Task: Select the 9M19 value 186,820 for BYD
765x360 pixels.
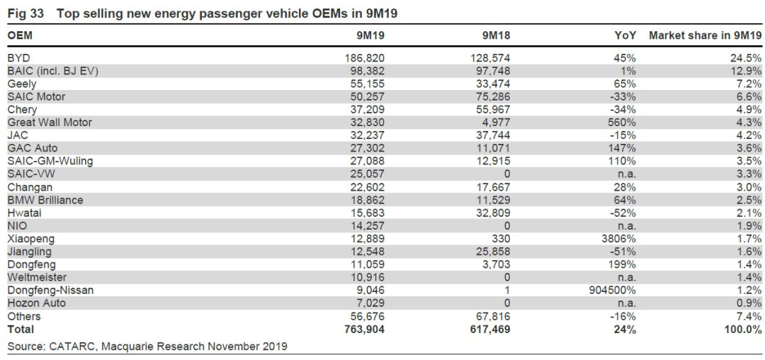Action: tap(363, 57)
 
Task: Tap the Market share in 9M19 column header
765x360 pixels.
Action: tap(705, 35)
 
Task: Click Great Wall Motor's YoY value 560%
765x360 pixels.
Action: tap(621, 122)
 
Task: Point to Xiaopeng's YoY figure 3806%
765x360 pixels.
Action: tap(618, 238)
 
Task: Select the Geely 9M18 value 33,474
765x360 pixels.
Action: tap(491, 84)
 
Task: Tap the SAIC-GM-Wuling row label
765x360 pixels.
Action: tap(50, 161)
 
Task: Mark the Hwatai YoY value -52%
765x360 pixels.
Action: tap(623, 213)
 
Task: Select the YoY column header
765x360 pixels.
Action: tap(625, 35)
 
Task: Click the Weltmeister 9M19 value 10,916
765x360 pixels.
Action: tap(365, 277)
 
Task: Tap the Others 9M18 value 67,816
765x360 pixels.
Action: tap(491, 316)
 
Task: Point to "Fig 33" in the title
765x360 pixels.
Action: tap(25, 13)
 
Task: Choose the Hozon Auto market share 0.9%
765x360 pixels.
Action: tap(749, 303)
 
